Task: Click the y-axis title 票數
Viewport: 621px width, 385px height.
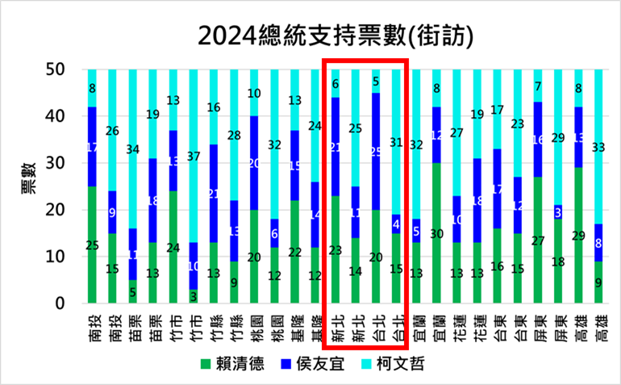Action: (x=27, y=186)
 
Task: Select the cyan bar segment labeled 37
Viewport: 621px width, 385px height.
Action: (x=194, y=156)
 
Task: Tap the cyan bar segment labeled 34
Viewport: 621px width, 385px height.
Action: (x=132, y=149)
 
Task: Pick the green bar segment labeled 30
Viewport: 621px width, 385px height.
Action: (x=436, y=233)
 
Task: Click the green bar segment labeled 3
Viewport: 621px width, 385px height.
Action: (x=194, y=296)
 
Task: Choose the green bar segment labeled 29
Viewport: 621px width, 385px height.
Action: (x=577, y=236)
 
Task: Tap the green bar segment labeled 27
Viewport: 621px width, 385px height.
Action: (x=537, y=241)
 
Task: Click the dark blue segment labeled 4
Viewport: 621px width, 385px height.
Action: (x=395, y=224)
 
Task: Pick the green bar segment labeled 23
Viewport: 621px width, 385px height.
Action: (x=335, y=249)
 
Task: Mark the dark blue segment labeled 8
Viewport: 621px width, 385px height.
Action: (x=598, y=242)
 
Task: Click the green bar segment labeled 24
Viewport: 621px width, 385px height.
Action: (x=173, y=247)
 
